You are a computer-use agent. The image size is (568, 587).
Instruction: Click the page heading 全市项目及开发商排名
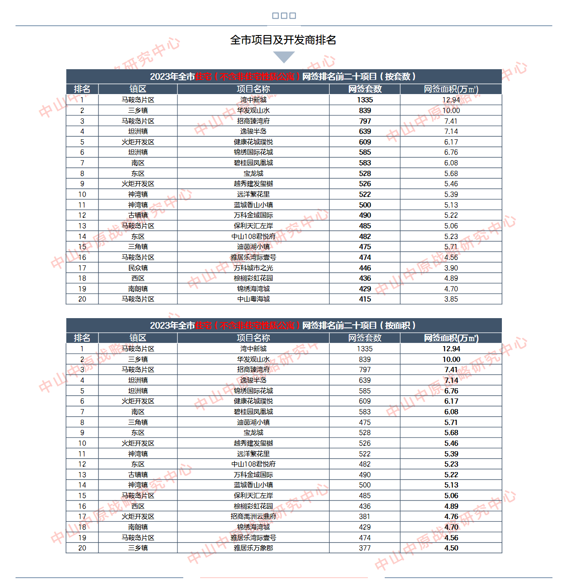(x=283, y=40)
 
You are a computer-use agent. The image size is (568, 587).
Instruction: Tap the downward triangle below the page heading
(x=284, y=57)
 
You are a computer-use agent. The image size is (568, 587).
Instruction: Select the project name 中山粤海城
(x=253, y=299)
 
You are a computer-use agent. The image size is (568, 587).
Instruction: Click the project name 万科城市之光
(x=253, y=268)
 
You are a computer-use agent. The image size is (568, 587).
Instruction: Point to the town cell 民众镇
(x=138, y=268)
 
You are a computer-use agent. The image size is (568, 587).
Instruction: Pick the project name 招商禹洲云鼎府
(x=253, y=516)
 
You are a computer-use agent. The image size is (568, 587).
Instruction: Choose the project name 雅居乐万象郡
(x=253, y=548)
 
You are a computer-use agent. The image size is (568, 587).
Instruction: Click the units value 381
(x=365, y=516)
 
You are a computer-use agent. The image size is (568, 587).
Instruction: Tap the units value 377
(x=365, y=548)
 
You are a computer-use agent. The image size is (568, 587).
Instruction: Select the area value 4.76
(x=451, y=516)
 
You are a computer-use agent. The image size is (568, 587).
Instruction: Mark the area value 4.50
(x=451, y=548)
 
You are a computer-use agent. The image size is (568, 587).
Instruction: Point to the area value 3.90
(x=451, y=268)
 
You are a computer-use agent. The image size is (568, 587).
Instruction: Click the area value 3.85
(x=451, y=299)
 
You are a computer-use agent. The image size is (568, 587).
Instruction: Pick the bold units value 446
(x=365, y=268)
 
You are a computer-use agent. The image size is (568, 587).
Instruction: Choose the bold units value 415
(x=365, y=299)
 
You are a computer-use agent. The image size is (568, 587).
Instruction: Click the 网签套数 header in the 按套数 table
(x=365, y=89)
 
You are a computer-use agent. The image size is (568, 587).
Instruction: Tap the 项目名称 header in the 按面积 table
(x=253, y=338)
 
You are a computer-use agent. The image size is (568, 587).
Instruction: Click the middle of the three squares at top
(x=284, y=16)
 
